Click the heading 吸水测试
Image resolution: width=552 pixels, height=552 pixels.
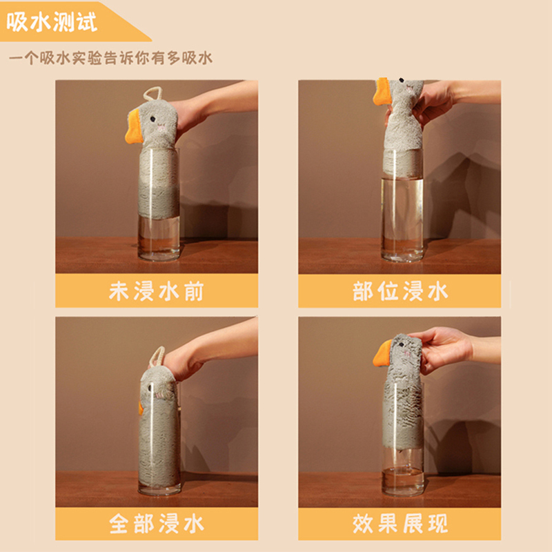point(51,22)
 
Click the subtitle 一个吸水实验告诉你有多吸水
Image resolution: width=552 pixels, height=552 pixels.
point(110,58)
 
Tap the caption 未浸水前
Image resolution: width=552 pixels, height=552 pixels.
point(157,291)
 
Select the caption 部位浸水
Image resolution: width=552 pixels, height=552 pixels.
point(400,291)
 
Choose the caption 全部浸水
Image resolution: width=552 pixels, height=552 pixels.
point(157,524)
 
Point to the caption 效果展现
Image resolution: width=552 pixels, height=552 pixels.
point(400,524)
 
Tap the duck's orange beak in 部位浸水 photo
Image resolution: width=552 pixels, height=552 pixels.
point(381,91)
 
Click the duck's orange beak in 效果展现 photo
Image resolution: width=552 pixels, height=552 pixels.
point(382,353)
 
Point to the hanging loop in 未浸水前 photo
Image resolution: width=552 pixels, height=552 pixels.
point(153,95)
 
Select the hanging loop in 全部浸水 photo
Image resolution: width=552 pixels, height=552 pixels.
point(156,356)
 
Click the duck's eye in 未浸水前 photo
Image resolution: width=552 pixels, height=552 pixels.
point(152,119)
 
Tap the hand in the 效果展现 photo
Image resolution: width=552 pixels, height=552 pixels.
point(444,348)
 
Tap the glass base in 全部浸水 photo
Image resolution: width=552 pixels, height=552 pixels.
point(159,489)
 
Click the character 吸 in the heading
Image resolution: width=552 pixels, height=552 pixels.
point(17,22)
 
